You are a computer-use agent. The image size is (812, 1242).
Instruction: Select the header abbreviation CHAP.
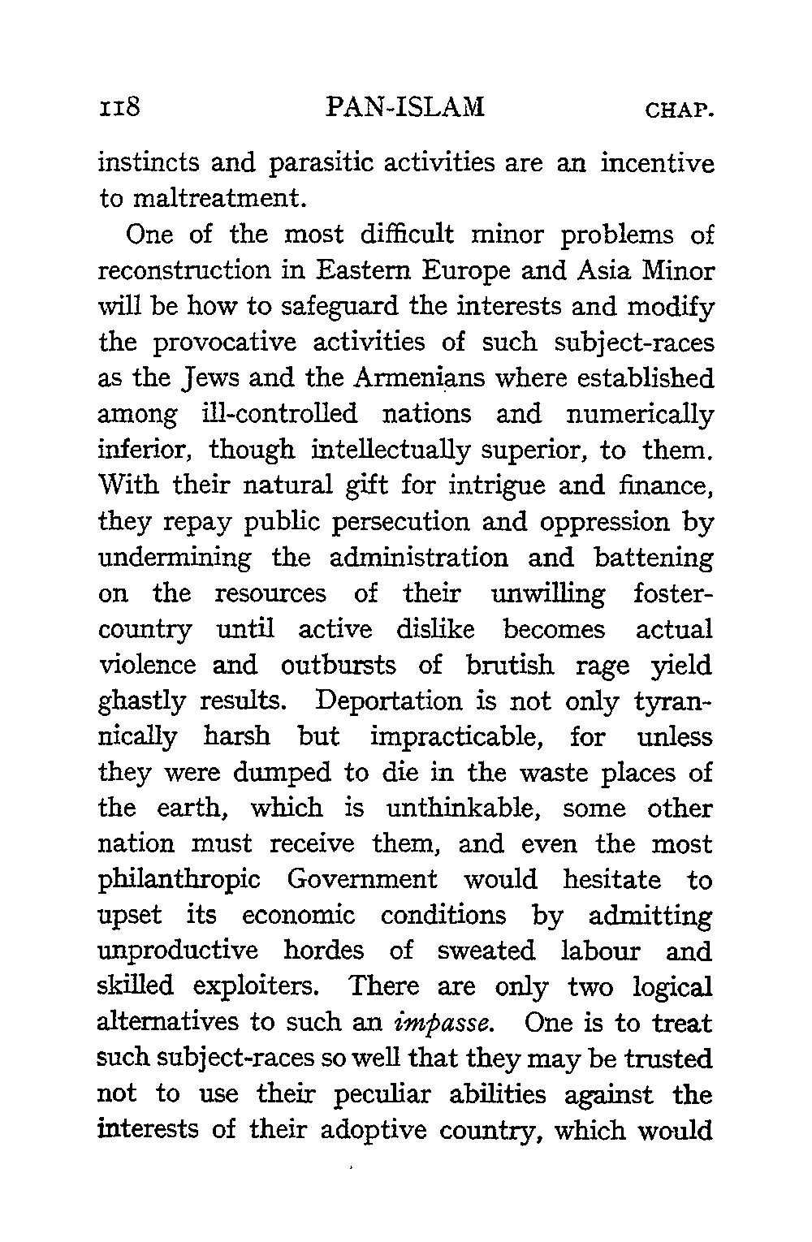679,110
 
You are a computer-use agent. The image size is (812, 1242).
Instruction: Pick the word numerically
637,415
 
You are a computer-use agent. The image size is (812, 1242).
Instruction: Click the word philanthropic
179,881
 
